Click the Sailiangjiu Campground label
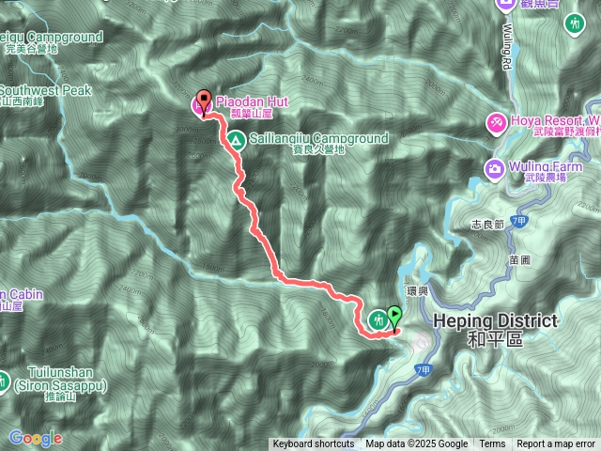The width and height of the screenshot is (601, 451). point(319,138)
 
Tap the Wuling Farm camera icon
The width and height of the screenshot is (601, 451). point(494,168)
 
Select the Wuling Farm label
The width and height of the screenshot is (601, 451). point(544,167)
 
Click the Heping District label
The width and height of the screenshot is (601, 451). point(495,321)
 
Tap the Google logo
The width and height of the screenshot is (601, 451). point(36,438)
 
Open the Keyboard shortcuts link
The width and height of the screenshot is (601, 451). point(314,444)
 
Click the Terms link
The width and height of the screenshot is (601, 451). point(492,444)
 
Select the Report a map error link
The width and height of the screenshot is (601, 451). point(556,444)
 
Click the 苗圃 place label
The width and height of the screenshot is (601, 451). point(518,256)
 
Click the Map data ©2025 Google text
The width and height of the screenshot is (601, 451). point(416,444)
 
